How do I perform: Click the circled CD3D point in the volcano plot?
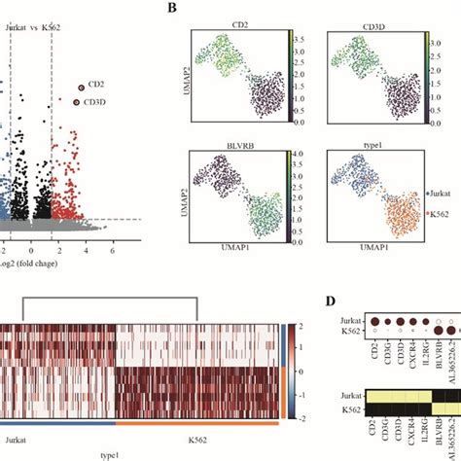(75, 101)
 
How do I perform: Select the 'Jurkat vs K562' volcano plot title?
(32, 27)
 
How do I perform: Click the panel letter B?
(172, 8)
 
